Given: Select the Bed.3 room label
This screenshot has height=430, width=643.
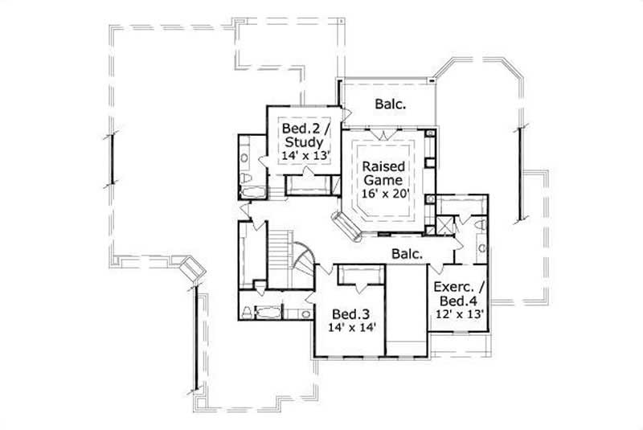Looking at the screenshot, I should click(x=352, y=313).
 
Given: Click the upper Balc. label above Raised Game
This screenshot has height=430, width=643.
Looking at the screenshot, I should click(x=389, y=104).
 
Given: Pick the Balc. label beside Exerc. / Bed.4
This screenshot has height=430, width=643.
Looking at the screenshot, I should click(x=408, y=253).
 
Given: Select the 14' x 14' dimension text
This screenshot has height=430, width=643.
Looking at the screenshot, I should click(x=352, y=328).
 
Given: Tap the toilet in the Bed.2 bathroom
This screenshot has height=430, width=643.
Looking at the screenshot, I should click(x=248, y=176).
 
